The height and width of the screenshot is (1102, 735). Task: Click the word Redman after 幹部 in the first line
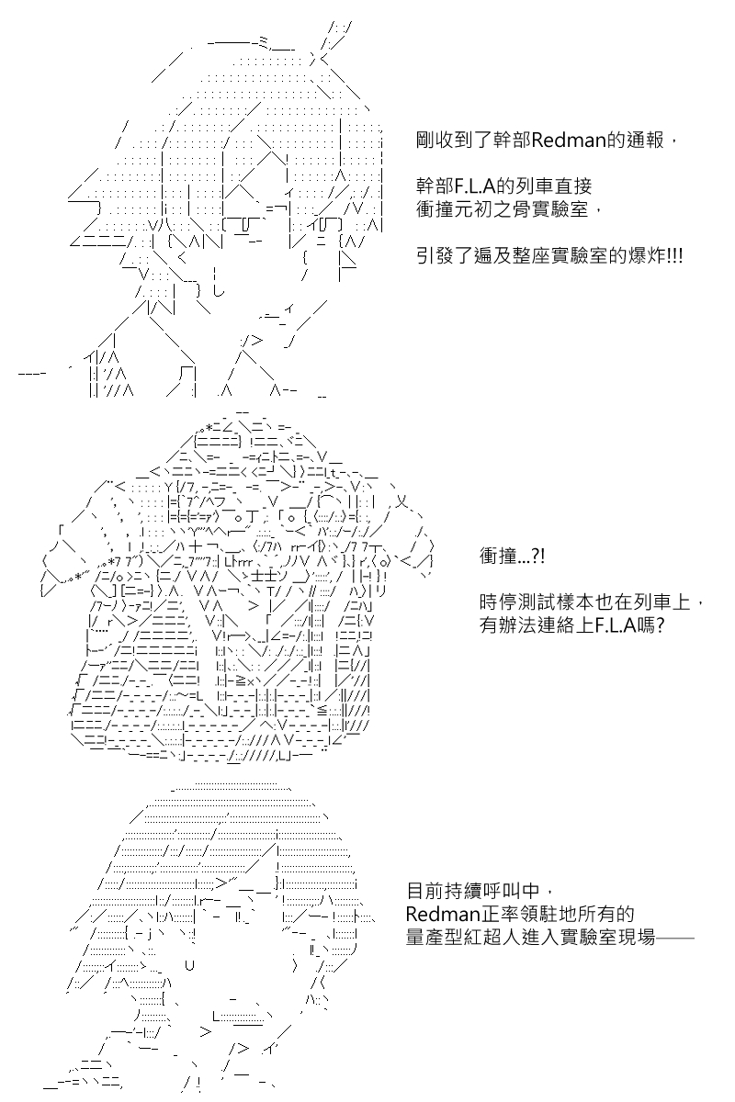pyautogui.click(x=569, y=141)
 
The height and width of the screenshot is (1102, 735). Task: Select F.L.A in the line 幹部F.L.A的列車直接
pyautogui.click(x=472, y=186)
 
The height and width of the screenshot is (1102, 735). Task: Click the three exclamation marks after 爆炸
pyautogui.click(x=675, y=256)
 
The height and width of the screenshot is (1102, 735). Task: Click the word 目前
pyautogui.click(x=424, y=891)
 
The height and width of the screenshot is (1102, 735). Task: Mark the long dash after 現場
pyautogui.click(x=675, y=938)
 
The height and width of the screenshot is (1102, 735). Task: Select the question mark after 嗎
pyautogui.click(x=660, y=625)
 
